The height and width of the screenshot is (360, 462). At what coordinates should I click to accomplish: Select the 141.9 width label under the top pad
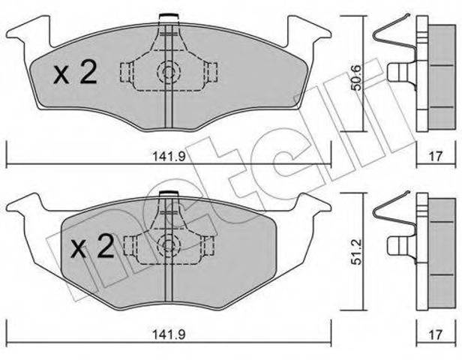click(169, 157)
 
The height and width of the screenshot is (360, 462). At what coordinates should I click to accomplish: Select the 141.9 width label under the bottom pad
click(169, 334)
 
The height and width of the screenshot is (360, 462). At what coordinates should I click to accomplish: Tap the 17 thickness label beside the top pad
click(436, 157)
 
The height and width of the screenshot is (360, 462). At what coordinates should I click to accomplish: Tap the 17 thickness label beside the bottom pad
click(436, 334)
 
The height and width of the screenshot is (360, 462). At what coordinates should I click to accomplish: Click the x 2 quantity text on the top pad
click(75, 73)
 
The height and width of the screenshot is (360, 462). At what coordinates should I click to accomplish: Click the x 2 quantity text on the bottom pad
click(92, 246)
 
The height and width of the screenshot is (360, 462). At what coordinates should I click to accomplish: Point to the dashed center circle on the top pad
click(168, 72)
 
